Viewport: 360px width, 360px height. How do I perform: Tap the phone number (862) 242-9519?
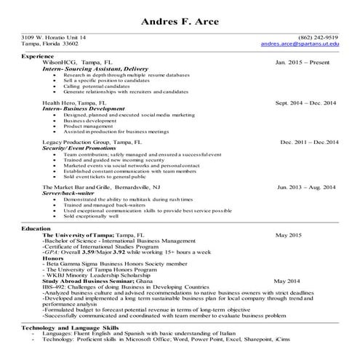coord(318,37)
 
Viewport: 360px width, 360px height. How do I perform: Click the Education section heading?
coord(36,229)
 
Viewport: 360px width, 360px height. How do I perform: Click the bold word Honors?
coord(53,257)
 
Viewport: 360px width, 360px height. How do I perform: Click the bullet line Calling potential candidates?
coord(99,87)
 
